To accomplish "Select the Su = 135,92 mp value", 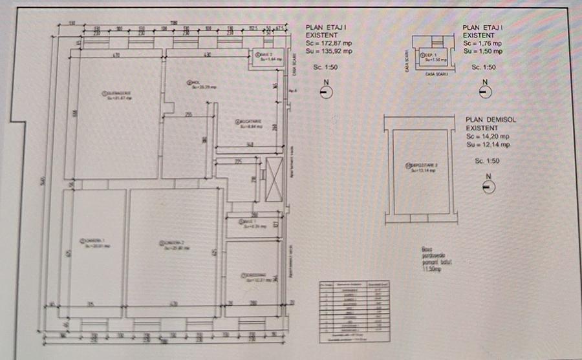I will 330,50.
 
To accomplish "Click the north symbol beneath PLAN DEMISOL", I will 489,187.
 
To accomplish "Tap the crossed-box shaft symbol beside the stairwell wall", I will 274,178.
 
